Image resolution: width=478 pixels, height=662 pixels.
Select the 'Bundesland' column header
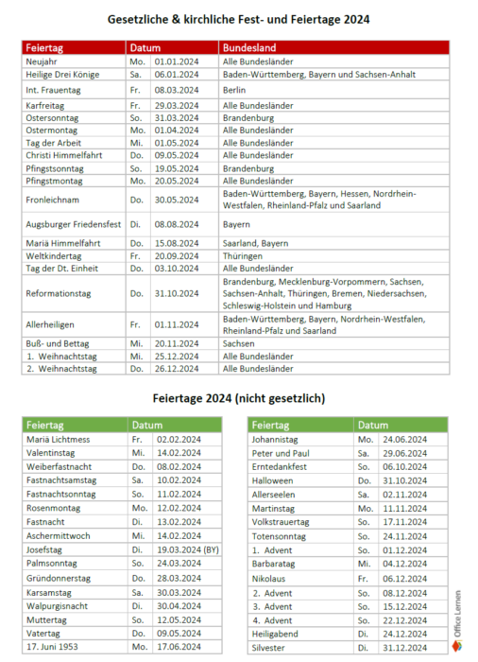(247, 46)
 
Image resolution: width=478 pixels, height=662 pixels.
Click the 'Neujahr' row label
(43, 61)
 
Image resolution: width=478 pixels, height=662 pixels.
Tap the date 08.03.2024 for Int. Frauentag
(177, 90)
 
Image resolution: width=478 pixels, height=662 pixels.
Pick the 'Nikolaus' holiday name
(270, 577)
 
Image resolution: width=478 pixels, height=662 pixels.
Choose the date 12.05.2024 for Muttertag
(177, 618)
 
